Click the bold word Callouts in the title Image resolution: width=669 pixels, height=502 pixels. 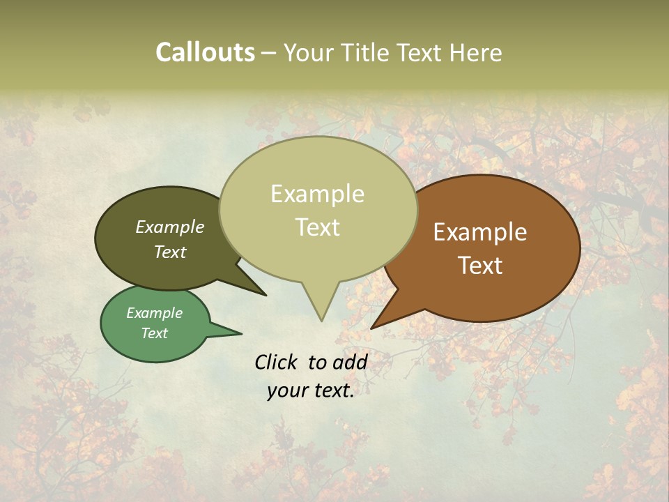pos(205,53)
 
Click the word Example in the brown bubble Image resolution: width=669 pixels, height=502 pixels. pos(480,232)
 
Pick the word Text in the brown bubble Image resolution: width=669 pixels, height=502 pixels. pos(480,266)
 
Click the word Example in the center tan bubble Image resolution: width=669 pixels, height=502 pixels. pos(317,194)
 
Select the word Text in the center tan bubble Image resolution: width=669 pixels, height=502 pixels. pos(317,227)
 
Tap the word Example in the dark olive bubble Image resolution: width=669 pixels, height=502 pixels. pos(169,227)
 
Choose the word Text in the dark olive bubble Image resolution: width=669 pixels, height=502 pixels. pos(169,252)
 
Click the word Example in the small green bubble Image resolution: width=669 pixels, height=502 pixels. pos(154,313)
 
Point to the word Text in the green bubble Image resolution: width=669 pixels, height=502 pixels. pos(154,333)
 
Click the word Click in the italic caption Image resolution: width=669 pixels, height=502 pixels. pos(277,362)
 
